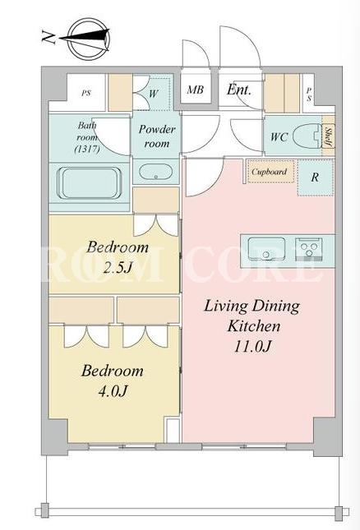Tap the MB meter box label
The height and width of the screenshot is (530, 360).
[196, 90]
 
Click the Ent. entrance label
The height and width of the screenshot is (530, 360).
[239, 90]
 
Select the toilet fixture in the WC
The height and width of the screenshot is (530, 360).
[307, 136]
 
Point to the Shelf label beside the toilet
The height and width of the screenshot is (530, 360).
[328, 136]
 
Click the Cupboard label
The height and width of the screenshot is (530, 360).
[269, 172]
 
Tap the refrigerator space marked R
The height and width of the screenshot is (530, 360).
[315, 177]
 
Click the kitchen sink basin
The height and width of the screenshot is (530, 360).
[266, 249]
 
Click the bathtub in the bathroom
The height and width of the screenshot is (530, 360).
[90, 183]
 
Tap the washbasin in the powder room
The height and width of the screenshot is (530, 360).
[156, 173]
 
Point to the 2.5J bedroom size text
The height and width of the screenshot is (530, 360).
[117, 269]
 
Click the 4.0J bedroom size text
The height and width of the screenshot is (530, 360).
[113, 391]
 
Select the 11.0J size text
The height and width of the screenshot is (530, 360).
[252, 346]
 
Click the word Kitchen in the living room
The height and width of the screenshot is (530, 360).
[254, 326]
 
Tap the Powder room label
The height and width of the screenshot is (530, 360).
[157, 136]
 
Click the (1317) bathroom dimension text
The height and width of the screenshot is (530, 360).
[87, 149]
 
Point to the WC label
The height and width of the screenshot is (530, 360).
[279, 137]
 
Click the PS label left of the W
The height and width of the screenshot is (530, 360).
[86, 93]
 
